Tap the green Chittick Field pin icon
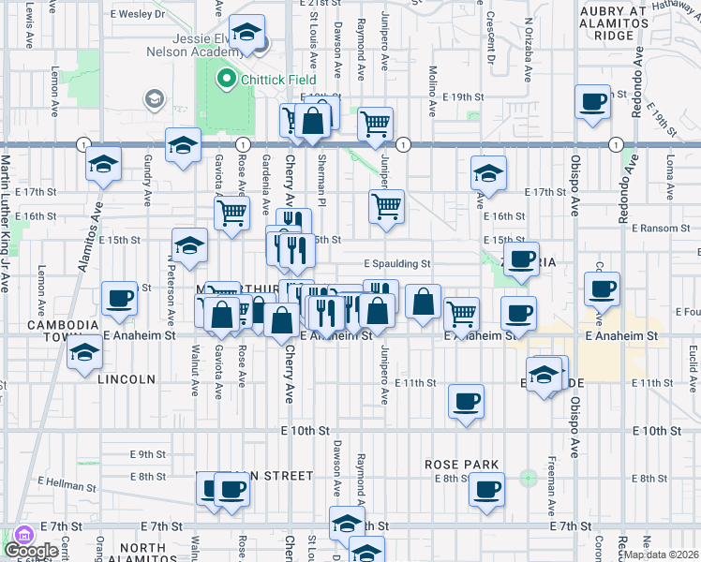(x=225, y=80)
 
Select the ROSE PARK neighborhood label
(x=459, y=465)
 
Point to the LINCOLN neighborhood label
(x=125, y=379)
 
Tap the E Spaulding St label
(x=396, y=264)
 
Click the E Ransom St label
(x=660, y=228)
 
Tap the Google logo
(x=31, y=551)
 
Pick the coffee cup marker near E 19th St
(x=592, y=104)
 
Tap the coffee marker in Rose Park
(x=485, y=489)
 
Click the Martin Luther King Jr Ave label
(x=4, y=221)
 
